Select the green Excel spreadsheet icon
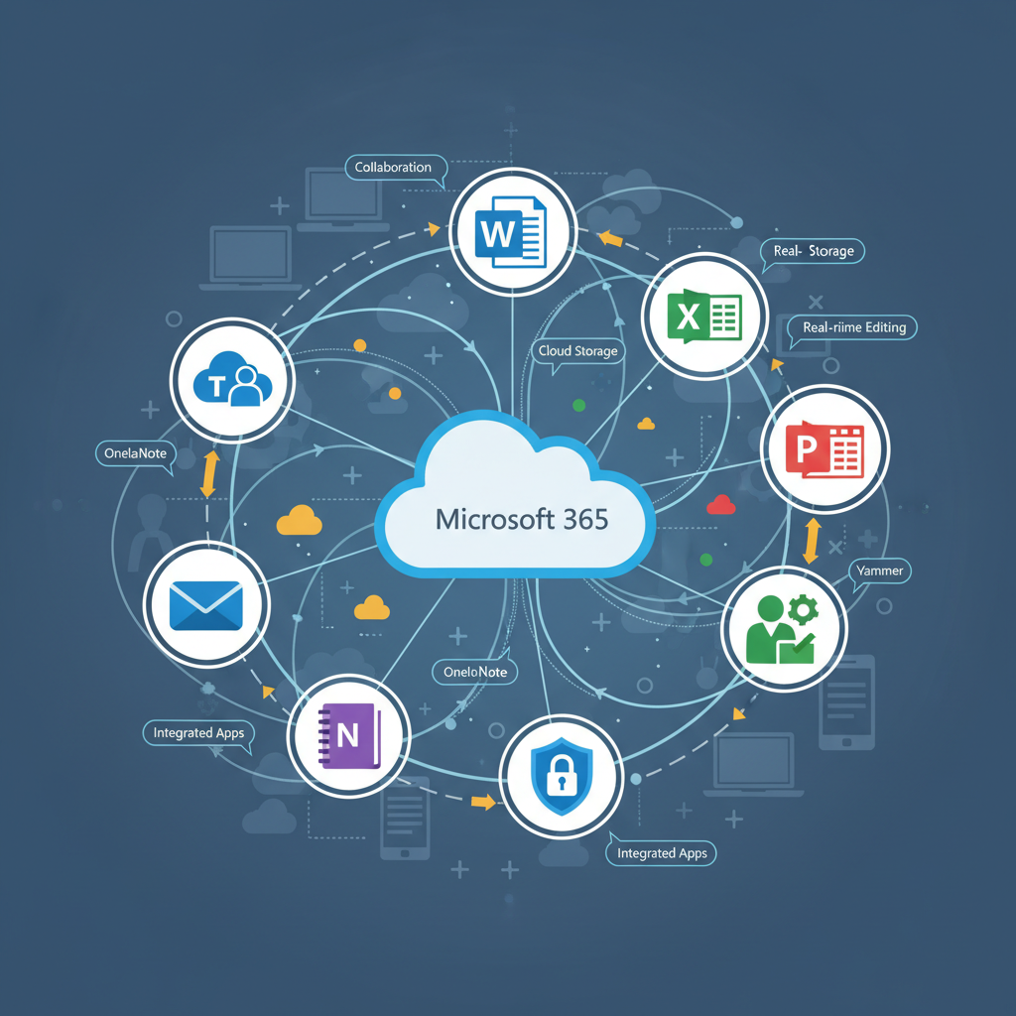coord(704,317)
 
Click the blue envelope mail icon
coord(206,604)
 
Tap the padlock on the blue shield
coord(563,774)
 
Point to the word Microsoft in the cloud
coord(491,519)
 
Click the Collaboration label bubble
coord(393,168)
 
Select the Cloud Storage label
coord(578,351)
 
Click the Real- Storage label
coord(814,251)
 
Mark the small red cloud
coord(721,506)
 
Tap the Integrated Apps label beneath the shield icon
coord(661,853)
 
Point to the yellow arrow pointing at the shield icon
coord(482,802)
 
